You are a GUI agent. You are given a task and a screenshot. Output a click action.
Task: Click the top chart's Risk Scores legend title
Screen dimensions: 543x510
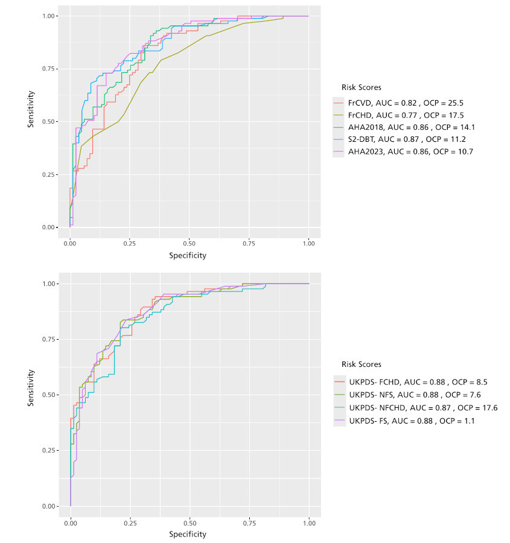362,87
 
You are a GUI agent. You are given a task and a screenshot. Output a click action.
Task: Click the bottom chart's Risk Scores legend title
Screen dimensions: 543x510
362,364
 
